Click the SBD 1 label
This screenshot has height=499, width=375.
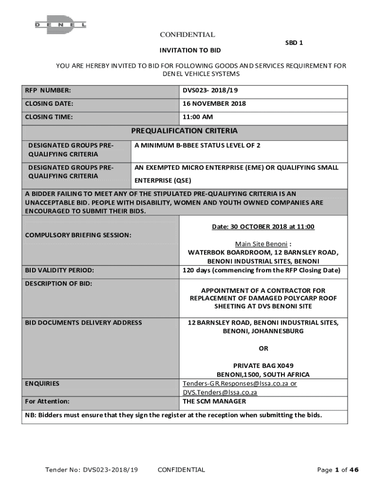click(x=294, y=43)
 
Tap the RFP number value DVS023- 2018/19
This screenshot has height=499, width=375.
click(x=210, y=91)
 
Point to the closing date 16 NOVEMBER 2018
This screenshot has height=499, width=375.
click(x=214, y=103)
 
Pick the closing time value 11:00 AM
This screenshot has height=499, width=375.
click(x=198, y=117)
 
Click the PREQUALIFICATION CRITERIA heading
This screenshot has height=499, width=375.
click(x=185, y=131)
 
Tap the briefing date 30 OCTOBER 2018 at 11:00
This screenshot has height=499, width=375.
click(x=263, y=227)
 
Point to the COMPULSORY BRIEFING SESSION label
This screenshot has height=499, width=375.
click(x=78, y=235)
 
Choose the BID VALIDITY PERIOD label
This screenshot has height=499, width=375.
click(x=59, y=270)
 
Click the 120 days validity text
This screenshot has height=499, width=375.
click(x=262, y=270)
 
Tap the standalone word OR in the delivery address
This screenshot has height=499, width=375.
click(x=263, y=348)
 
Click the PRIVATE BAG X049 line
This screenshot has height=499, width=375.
click(x=263, y=365)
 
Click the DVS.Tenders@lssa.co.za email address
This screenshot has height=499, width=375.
click(x=220, y=392)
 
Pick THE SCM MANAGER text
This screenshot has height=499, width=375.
click(x=214, y=402)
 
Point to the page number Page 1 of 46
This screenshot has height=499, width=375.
click(x=337, y=470)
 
